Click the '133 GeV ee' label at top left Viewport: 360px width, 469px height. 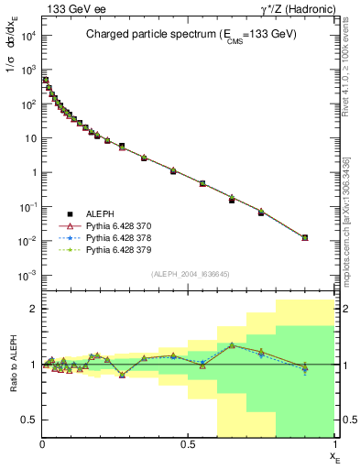point(67,8)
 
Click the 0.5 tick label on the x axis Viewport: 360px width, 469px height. point(189,443)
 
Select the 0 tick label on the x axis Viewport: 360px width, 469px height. point(43,443)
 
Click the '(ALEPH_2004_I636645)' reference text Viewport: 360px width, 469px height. point(189,273)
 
